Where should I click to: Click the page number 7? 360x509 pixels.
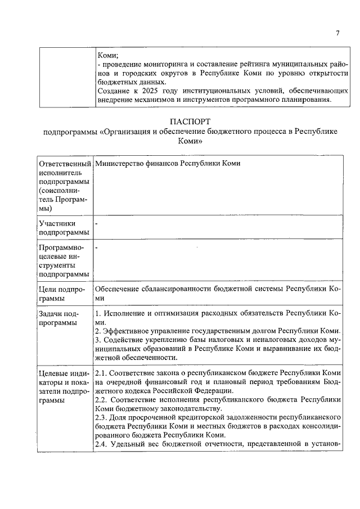tap(337, 33)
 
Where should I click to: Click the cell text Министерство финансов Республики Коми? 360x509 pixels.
tap(168, 163)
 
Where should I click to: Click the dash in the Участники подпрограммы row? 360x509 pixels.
tap(97, 224)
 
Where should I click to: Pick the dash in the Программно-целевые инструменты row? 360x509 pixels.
tap(97, 247)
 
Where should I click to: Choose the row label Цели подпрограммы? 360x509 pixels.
tap(61, 294)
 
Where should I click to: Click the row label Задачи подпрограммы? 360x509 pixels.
tap(58, 318)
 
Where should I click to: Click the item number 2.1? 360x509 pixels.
tap(101, 373)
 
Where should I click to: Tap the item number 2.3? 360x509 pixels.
tap(101, 417)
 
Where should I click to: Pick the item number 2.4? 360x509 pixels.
tap(101, 445)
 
